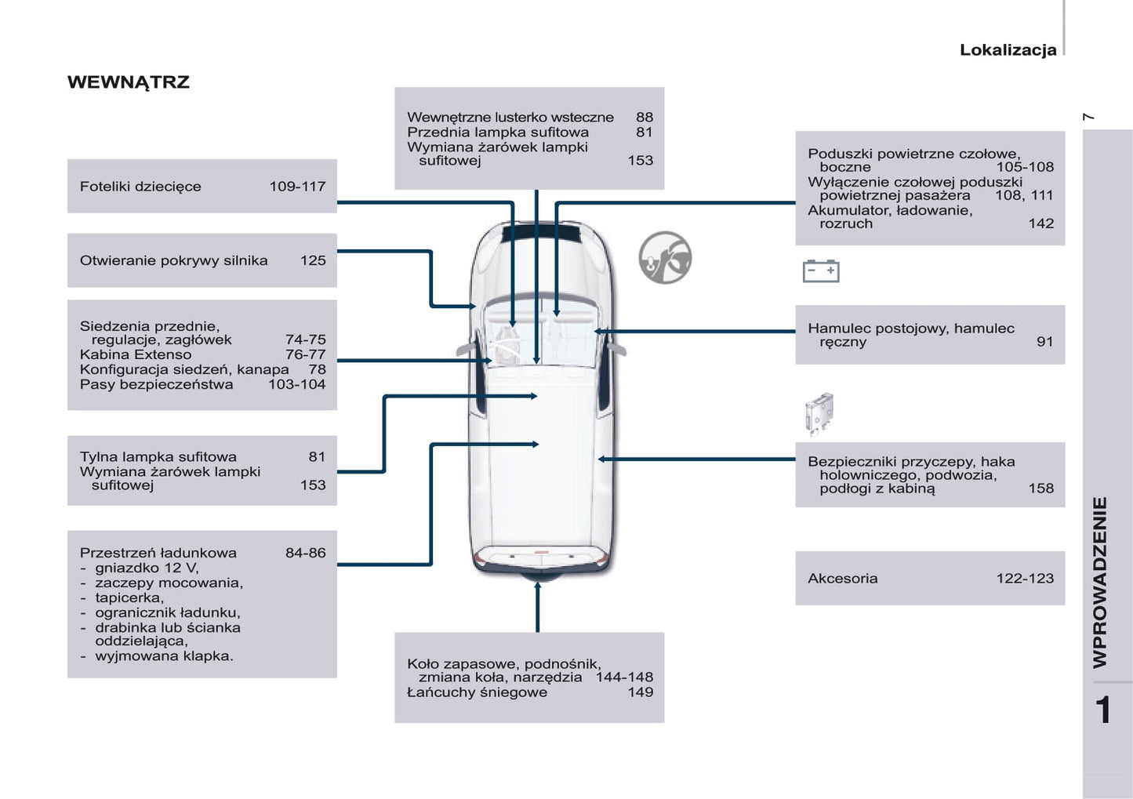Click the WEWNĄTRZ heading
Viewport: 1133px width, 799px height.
pyautogui.click(x=129, y=82)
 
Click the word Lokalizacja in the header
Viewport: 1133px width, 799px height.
pyautogui.click(x=1008, y=50)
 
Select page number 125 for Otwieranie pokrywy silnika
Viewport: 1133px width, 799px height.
pyautogui.click(x=313, y=260)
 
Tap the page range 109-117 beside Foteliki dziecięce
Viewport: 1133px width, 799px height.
pyautogui.click(x=297, y=187)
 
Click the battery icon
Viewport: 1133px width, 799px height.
pyautogui.click(x=821, y=271)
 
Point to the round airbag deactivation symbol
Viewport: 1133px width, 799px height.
pyautogui.click(x=665, y=257)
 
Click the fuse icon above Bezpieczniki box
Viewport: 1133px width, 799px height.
pyautogui.click(x=819, y=413)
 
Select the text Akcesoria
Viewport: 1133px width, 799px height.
pyautogui.click(x=842, y=579)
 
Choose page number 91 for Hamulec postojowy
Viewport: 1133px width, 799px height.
pyautogui.click(x=1044, y=342)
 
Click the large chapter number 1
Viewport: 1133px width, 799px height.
pyautogui.click(x=1103, y=710)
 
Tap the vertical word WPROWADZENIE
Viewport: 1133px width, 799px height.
pyautogui.click(x=1100, y=582)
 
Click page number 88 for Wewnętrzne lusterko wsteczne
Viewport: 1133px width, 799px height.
pyautogui.click(x=644, y=118)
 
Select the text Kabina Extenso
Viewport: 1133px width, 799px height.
pyautogui.click(x=135, y=354)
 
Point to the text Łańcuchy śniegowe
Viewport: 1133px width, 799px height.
pyautogui.click(x=477, y=692)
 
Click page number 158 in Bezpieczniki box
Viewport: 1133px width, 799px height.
pyautogui.click(x=1040, y=488)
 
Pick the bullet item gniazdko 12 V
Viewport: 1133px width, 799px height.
pyautogui.click(x=147, y=568)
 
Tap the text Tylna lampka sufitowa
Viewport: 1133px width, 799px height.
pyautogui.click(x=158, y=457)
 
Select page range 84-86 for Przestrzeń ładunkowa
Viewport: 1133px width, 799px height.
pyautogui.click(x=305, y=553)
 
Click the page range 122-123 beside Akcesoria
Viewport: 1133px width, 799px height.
pyautogui.click(x=1025, y=579)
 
